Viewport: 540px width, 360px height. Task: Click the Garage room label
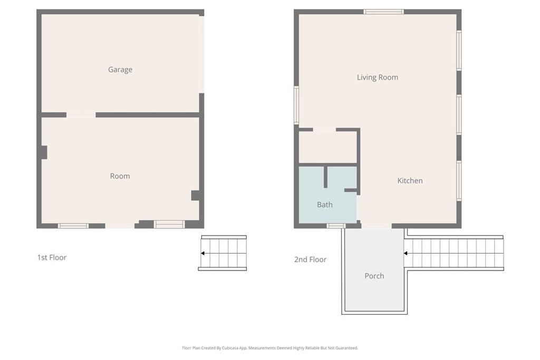120,70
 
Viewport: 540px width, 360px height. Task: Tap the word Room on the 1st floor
120,176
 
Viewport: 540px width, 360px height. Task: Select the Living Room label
378,77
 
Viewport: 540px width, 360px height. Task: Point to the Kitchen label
410,181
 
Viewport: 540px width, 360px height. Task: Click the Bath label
325,205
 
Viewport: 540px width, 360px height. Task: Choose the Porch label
374,276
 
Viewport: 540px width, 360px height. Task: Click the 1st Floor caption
52,258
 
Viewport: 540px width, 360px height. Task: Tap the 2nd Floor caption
310,259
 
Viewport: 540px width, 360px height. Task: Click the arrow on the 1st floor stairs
202,254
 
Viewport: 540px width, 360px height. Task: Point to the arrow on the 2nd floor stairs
406,254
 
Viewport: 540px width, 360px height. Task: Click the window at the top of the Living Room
383,12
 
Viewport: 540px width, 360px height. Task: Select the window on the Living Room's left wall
296,105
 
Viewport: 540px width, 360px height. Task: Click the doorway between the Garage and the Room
81,115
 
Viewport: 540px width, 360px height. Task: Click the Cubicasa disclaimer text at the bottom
270,348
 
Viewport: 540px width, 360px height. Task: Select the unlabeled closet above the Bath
327,147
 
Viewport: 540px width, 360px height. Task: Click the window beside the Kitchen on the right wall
459,181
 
